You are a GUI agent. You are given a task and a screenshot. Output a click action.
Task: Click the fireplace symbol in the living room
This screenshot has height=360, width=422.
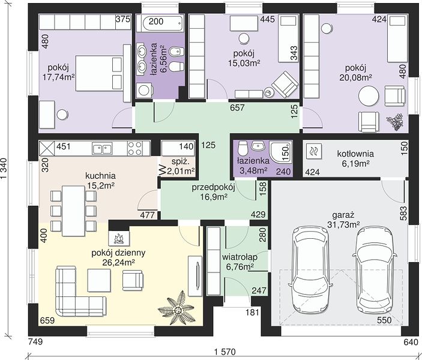[x=119, y=235]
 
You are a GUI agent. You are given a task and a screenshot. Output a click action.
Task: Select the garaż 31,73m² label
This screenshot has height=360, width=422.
[x=343, y=220]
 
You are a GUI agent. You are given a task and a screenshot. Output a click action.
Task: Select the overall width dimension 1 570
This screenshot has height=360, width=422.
[x=225, y=352]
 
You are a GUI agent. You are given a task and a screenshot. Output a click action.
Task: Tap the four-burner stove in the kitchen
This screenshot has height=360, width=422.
[x=135, y=148]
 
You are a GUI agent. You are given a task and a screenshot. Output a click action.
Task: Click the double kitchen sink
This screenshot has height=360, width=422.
[x=102, y=149]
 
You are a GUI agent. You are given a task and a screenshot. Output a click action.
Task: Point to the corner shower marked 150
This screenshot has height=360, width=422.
[x=282, y=152]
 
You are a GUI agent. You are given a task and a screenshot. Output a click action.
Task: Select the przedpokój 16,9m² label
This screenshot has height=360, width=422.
[x=214, y=192]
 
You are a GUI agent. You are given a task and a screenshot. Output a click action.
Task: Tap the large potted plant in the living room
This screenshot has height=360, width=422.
[x=177, y=308]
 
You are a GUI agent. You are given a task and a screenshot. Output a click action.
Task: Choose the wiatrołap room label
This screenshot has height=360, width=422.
[x=240, y=262]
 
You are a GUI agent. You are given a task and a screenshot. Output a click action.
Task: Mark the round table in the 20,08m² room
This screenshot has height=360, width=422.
[x=369, y=96]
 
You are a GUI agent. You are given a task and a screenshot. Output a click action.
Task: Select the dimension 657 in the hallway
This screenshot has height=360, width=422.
[x=237, y=107]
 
